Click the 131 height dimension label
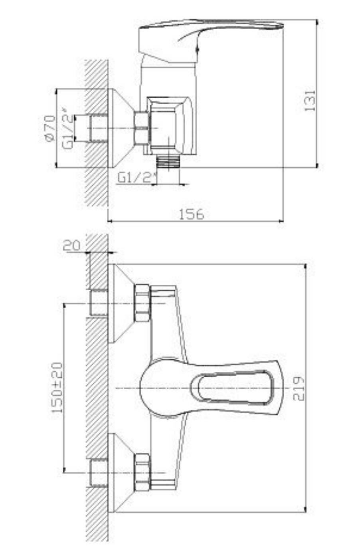pyautogui.click(x=310, y=101)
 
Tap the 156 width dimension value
pyautogui.click(x=192, y=214)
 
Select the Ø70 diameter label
pyautogui.click(x=50, y=128)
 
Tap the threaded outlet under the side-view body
pyautogui.click(x=168, y=162)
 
